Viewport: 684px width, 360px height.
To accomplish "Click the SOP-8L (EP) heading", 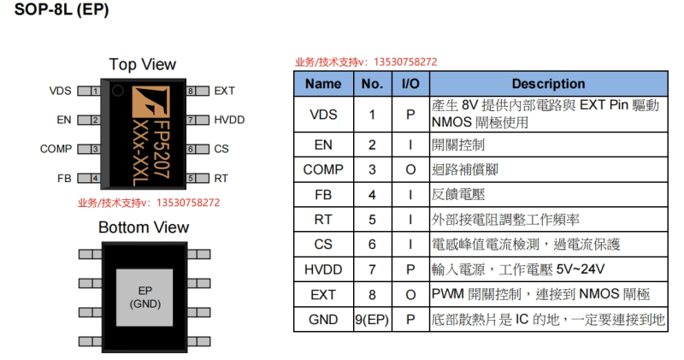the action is (x=62, y=9).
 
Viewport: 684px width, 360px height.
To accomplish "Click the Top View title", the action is (x=142, y=65).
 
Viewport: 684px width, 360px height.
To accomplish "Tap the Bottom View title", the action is (x=144, y=227).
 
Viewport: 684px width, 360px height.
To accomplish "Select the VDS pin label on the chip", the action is (x=60, y=91).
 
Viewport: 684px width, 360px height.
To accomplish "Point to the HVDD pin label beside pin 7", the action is (x=229, y=120).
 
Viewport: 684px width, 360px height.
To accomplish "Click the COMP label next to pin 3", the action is (x=56, y=150).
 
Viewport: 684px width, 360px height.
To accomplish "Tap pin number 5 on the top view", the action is (x=191, y=178).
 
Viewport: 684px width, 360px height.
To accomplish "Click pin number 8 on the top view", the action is (x=191, y=91).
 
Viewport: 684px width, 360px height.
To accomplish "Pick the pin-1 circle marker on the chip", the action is (x=117, y=91).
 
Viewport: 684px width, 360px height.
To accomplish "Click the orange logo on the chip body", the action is (x=150, y=102).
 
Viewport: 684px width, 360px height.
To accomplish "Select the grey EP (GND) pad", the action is (x=144, y=298).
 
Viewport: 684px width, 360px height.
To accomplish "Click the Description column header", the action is (x=548, y=84).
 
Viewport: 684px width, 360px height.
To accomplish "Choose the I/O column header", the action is (x=410, y=84).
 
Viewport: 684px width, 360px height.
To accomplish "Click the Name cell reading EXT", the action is (x=323, y=295).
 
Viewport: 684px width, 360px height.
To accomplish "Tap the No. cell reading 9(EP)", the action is (x=372, y=320).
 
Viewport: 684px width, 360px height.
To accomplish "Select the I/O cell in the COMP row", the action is (x=410, y=170).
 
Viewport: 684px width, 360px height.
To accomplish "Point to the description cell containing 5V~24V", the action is (x=548, y=269).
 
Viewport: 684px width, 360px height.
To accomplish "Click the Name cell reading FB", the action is (x=323, y=195).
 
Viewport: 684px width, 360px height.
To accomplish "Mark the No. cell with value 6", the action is (x=372, y=245).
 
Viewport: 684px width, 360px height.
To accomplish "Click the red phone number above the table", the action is (x=405, y=62).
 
